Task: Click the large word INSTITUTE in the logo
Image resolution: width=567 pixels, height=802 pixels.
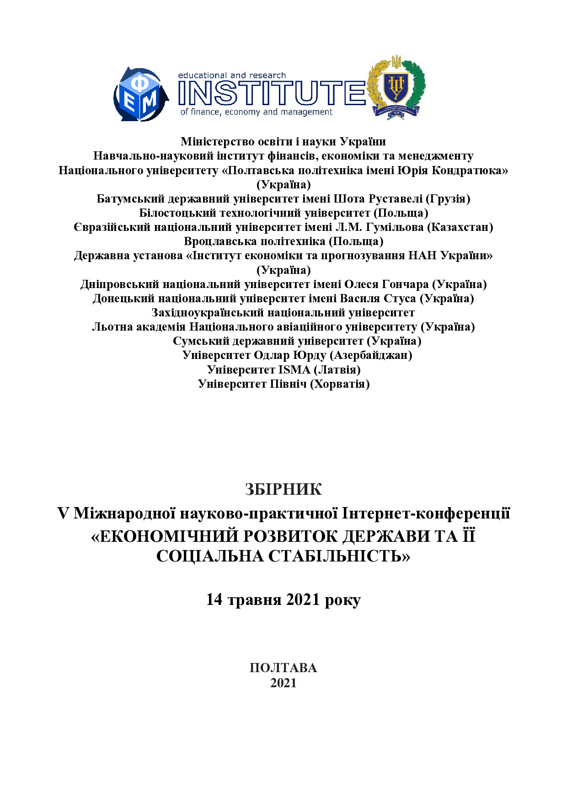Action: [x=271, y=93]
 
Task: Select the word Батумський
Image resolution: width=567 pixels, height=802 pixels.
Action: [x=130, y=199]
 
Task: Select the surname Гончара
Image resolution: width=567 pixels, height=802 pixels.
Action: [x=404, y=284]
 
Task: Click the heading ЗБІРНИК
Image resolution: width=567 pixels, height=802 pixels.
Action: [x=283, y=489]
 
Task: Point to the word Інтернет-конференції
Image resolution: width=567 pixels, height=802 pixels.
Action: [x=426, y=513]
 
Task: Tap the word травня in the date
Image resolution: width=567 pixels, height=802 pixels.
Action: [x=254, y=599]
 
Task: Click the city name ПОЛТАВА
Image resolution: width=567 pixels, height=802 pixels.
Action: [x=283, y=668]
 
